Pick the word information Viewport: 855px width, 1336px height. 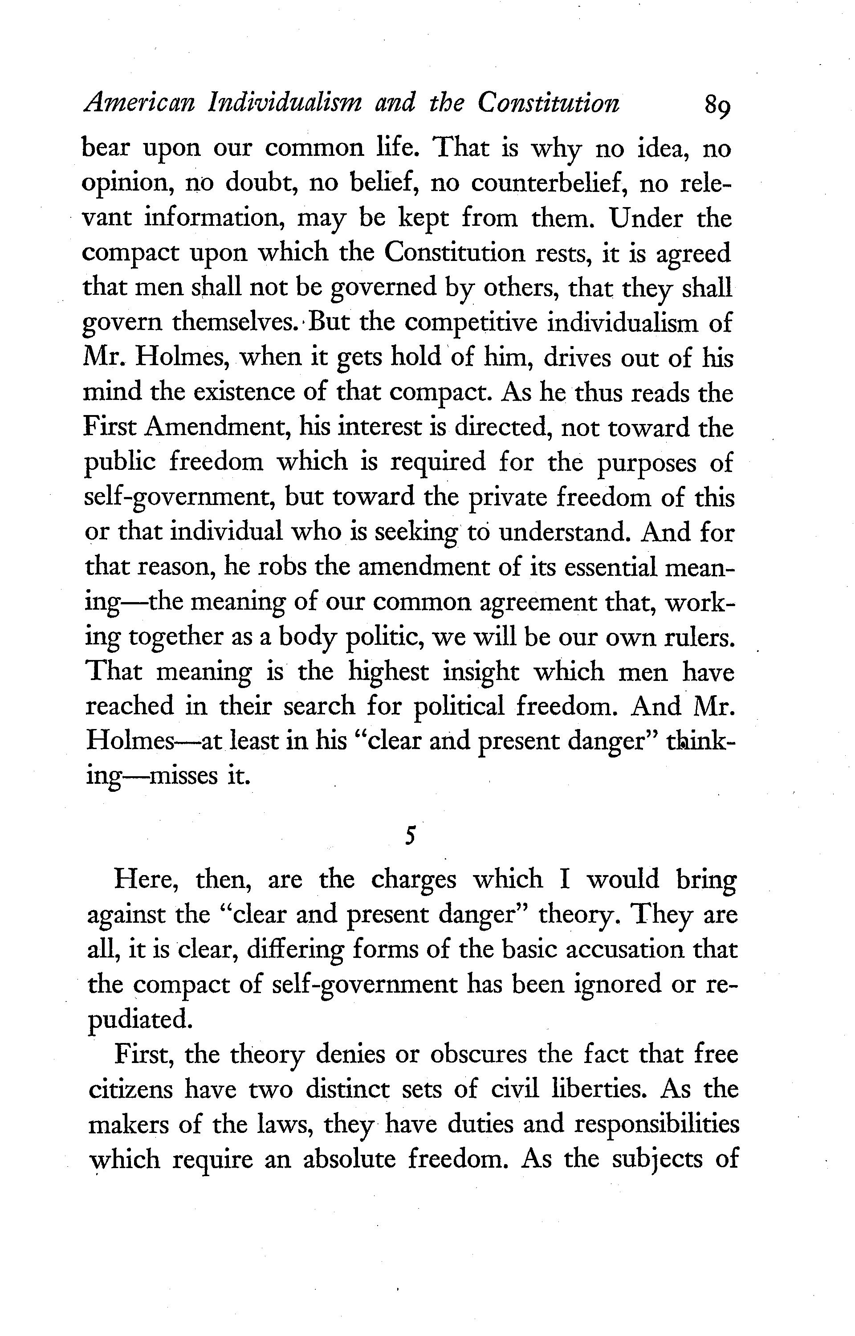(216, 218)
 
